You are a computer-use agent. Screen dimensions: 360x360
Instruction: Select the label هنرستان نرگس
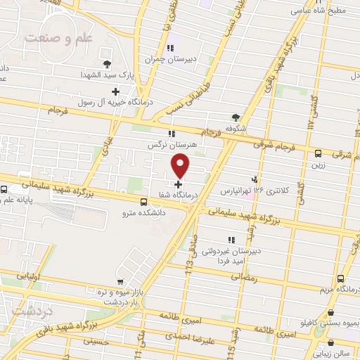tap(171, 144)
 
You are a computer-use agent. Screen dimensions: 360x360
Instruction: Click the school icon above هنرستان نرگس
tap(171, 132)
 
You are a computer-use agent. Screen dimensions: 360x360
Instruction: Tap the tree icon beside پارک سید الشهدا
tap(106, 63)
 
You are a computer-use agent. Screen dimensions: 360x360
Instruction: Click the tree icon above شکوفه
tap(235, 117)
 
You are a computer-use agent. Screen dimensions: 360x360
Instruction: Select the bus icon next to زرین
tap(319, 153)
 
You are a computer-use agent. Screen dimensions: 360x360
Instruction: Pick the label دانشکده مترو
tap(143, 212)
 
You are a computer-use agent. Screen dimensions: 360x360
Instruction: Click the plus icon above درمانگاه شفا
tap(178, 184)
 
